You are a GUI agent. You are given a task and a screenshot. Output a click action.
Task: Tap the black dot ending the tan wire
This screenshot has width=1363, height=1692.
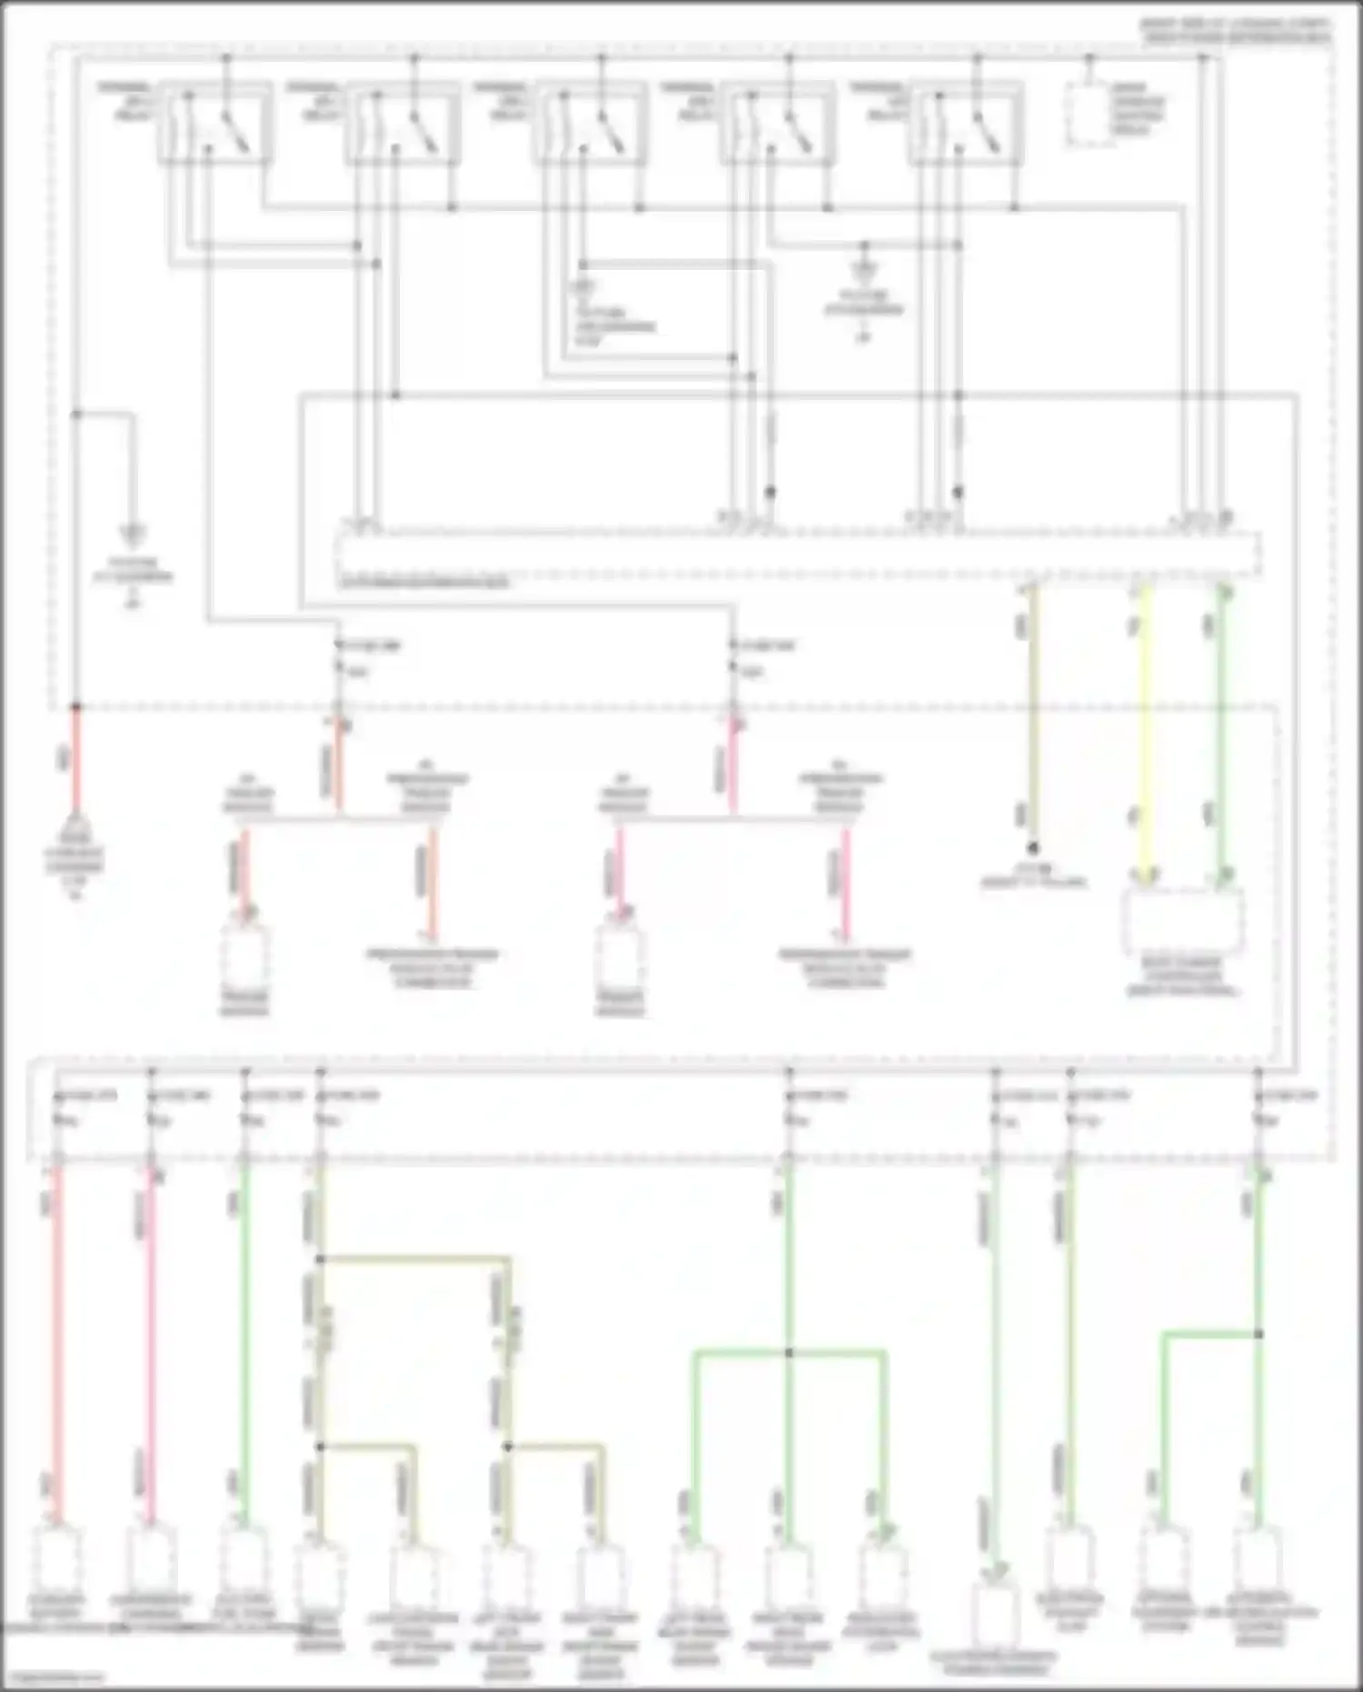click(x=1032, y=846)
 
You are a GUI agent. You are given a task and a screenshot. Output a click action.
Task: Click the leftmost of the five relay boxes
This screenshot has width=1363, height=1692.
click(x=215, y=124)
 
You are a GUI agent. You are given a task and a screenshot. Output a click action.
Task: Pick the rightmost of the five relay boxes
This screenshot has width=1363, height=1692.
click(x=966, y=124)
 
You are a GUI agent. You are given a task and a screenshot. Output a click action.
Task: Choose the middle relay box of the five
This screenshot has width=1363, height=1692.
click(x=591, y=124)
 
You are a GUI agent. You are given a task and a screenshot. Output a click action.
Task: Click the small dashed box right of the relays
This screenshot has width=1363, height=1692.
click(x=1090, y=114)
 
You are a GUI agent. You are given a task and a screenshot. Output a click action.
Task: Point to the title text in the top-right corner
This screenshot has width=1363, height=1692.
click(x=1236, y=31)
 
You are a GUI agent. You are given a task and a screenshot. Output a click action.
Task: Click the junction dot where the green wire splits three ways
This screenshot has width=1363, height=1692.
click(x=788, y=1353)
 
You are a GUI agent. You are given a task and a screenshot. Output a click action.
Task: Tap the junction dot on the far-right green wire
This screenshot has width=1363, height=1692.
click(x=1259, y=1334)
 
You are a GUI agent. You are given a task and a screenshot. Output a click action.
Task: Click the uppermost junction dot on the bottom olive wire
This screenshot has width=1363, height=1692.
click(x=320, y=1259)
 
